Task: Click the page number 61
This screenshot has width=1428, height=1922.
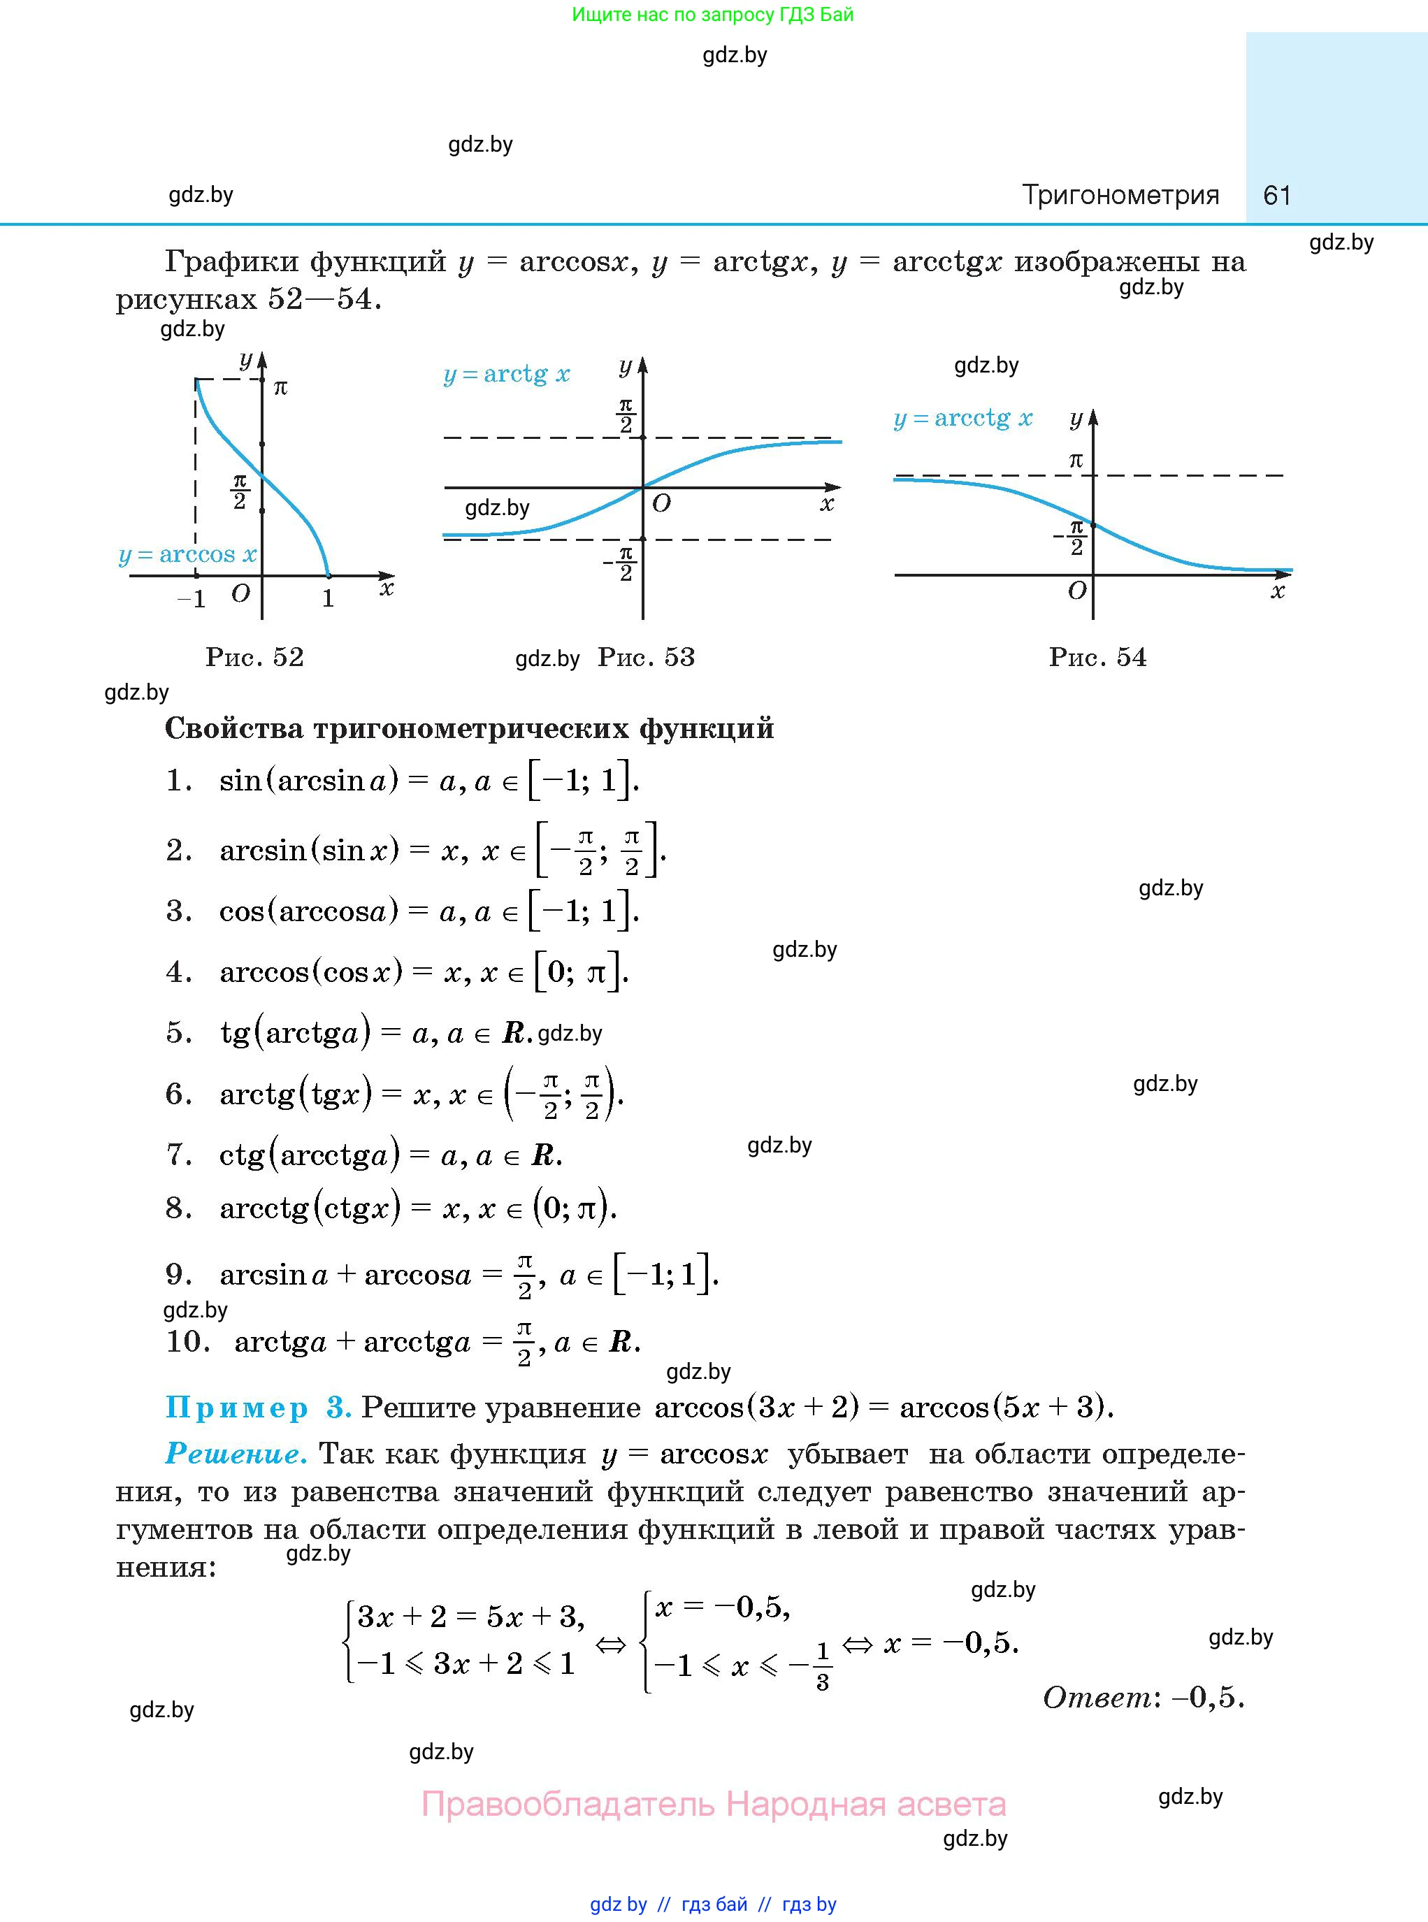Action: coord(1277,195)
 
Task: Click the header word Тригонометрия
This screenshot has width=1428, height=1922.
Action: coord(1120,195)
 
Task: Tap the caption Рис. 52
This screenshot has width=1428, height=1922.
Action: coord(254,658)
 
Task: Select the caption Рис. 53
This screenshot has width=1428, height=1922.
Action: coord(646,658)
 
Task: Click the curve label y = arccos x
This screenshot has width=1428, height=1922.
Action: coord(187,555)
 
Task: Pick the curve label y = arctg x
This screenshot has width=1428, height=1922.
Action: coord(507,374)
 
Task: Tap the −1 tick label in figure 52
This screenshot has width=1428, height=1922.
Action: coord(192,600)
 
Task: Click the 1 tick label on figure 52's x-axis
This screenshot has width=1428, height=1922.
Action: coord(328,599)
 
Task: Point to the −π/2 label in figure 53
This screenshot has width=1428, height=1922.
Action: coord(621,563)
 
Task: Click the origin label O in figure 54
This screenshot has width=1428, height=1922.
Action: coord(1077,591)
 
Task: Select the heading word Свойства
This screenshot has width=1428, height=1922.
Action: coord(233,728)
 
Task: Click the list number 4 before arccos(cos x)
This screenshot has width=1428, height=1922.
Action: coord(178,972)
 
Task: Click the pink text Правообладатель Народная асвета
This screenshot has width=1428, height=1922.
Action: coord(713,1804)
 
